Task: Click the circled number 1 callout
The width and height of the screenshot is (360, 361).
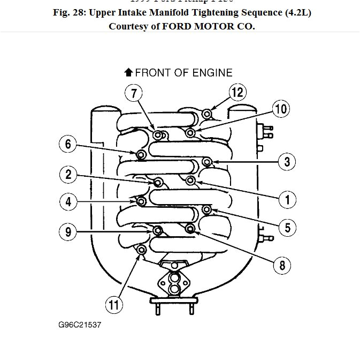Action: (x=288, y=200)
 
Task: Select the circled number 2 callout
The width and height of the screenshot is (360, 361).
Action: (x=68, y=174)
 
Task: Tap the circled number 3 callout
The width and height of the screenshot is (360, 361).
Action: (x=288, y=161)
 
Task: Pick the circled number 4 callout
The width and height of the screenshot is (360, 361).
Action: (x=68, y=202)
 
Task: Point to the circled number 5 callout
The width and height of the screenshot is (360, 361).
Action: (x=288, y=228)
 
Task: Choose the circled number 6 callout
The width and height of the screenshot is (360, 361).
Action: (x=68, y=144)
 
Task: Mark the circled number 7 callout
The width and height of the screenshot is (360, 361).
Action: (x=134, y=93)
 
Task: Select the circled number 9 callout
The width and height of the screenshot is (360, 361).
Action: (x=68, y=232)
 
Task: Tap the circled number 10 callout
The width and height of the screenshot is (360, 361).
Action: (x=280, y=109)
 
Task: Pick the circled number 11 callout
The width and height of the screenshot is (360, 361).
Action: (x=113, y=305)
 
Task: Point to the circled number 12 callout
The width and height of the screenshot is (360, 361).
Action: (x=238, y=92)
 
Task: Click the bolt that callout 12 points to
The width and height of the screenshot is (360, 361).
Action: (x=208, y=113)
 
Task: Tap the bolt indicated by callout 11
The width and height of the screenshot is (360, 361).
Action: (x=142, y=250)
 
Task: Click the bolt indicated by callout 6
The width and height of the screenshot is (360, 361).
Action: (x=141, y=155)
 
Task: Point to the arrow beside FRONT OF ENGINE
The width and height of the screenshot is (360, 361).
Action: (x=128, y=72)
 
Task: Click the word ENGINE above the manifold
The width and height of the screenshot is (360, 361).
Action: (x=213, y=72)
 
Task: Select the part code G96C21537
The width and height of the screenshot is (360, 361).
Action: (x=80, y=325)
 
